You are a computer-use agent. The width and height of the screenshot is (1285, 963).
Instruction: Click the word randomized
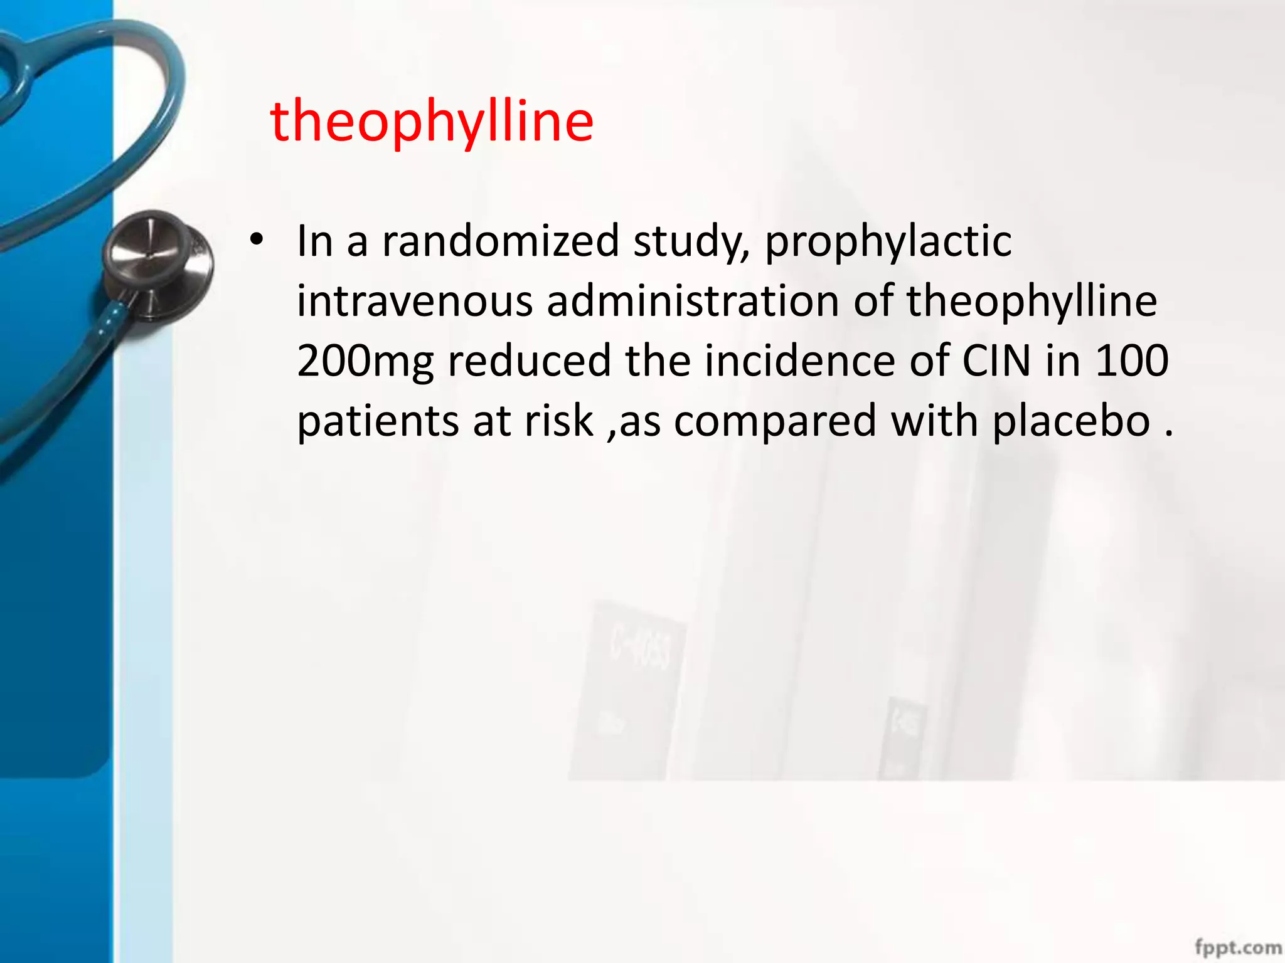[501, 241]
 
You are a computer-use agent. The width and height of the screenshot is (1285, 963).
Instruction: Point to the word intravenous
[414, 302]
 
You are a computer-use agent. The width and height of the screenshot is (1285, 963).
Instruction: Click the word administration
[693, 302]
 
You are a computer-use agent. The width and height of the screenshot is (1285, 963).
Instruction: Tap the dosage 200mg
[365, 362]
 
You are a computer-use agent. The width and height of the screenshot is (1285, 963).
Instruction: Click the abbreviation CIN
[996, 361]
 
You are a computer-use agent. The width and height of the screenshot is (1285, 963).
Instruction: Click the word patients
[377, 421]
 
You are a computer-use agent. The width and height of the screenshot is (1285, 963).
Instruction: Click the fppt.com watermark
[1238, 947]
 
